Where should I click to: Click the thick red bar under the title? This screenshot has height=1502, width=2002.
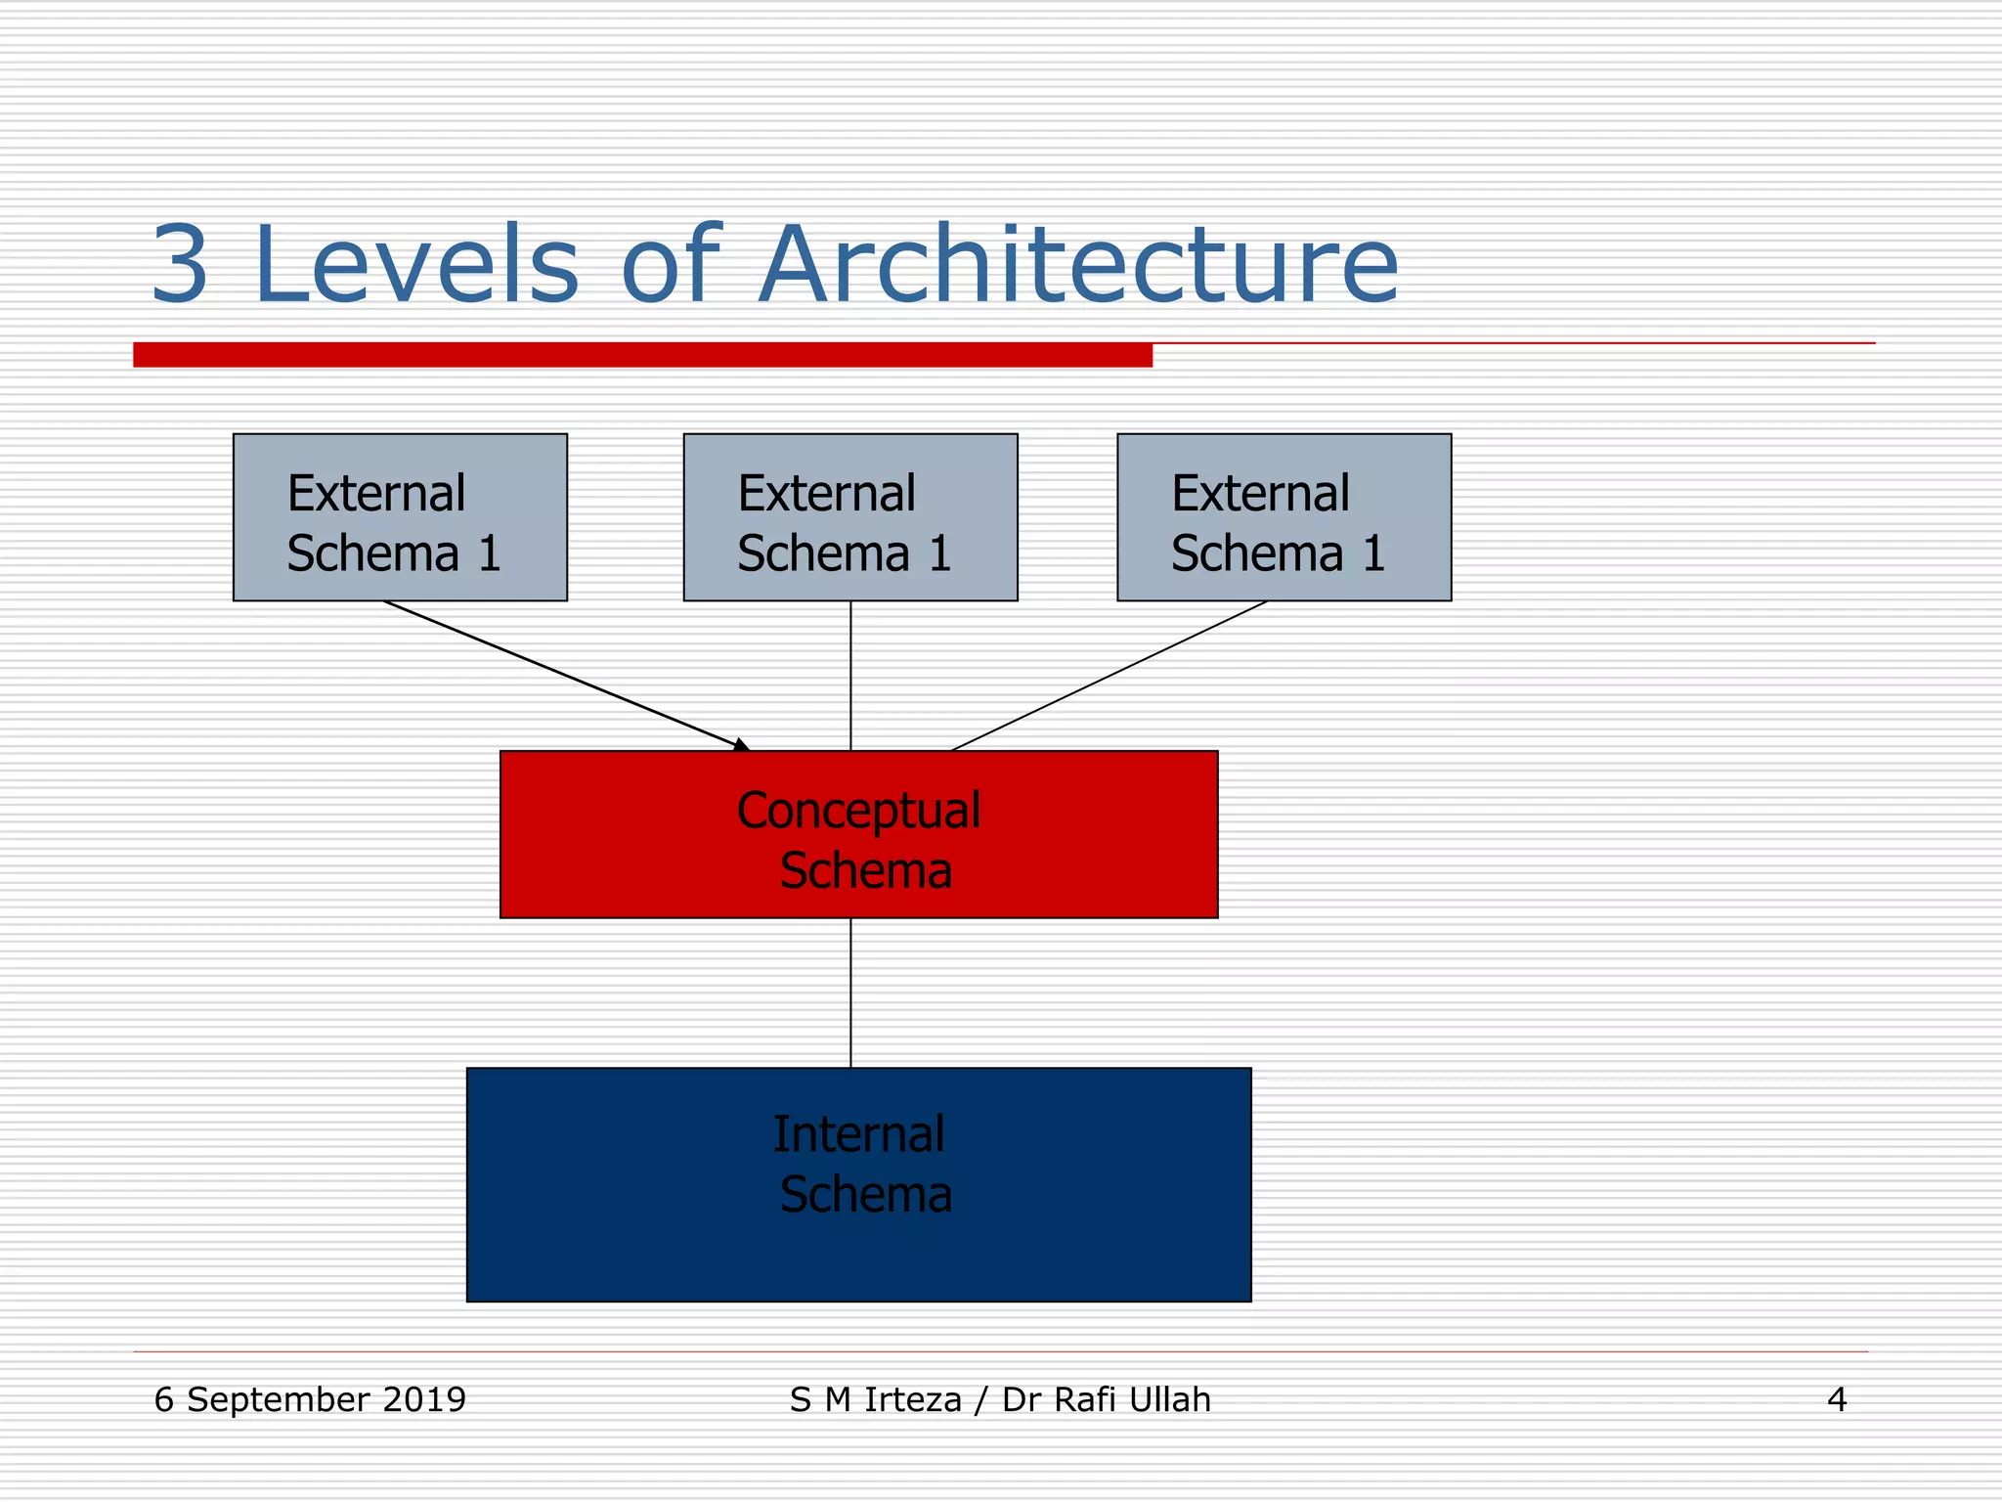pyautogui.click(x=642, y=355)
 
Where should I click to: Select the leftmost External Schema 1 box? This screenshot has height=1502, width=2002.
pyautogui.click(x=400, y=517)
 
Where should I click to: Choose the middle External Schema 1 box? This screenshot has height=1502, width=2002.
pyautogui.click(x=850, y=517)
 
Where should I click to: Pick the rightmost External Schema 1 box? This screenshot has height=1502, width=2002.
pyautogui.click(x=1284, y=517)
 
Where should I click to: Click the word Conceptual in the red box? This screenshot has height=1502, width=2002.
pyautogui.click(x=858, y=811)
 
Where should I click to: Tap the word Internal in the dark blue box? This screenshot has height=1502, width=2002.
pyautogui.click(x=858, y=1135)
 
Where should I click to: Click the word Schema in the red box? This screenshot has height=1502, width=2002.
pyautogui.click(x=865, y=870)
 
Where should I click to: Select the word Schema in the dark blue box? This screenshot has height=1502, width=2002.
pyautogui.click(x=865, y=1195)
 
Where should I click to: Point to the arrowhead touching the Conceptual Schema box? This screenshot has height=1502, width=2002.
pyautogui.click(x=742, y=745)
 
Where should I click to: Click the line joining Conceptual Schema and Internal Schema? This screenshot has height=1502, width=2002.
pyautogui.click(x=850, y=993)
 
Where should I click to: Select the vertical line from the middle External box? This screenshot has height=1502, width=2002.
pyautogui.click(x=850, y=675)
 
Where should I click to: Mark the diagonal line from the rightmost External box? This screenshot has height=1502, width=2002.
pyautogui.click(x=1110, y=676)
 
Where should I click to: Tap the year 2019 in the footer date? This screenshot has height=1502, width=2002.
pyautogui.click(x=424, y=1399)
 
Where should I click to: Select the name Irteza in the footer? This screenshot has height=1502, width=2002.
pyautogui.click(x=913, y=1399)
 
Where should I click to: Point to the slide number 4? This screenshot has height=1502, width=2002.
pyautogui.click(x=1836, y=1400)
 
